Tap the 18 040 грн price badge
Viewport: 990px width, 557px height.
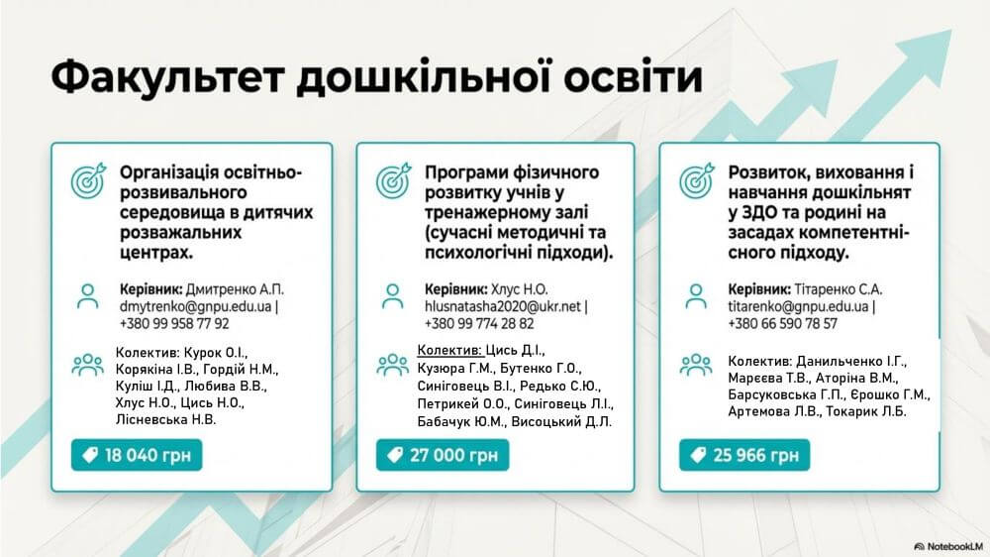(137, 455)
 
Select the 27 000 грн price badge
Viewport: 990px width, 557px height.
(443, 455)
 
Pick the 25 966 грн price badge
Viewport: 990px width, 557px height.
(744, 455)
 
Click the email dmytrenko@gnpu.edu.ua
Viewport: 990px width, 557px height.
(196, 306)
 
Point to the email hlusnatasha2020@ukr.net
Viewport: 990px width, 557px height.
(503, 306)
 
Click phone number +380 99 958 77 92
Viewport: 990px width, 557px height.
(174, 324)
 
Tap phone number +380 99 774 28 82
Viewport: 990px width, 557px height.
(479, 324)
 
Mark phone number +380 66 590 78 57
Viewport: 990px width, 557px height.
(783, 324)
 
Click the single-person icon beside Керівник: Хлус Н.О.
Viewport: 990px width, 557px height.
(393, 296)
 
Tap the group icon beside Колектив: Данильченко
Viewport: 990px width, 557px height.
(696, 364)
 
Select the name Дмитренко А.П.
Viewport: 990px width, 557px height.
(235, 289)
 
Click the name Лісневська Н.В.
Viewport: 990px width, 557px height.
(165, 420)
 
